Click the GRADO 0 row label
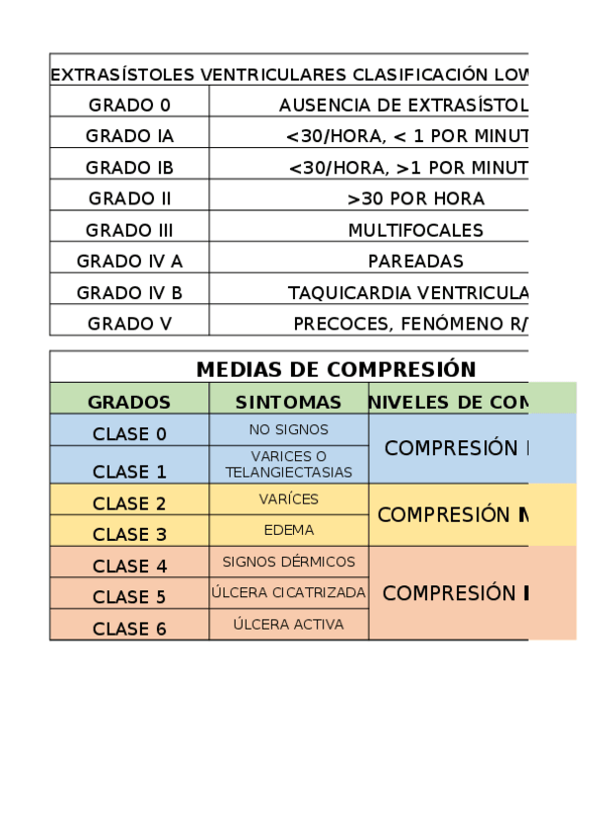129,105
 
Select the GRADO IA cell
129,136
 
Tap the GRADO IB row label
129,168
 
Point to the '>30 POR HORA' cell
415,198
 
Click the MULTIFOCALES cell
415,230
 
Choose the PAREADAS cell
415,262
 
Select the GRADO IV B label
129,293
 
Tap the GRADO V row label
129,324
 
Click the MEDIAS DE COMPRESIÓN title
335,369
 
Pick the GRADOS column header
129,402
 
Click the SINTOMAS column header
288,402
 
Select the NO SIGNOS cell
288,429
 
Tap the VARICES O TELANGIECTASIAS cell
288,464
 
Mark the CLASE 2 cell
129,503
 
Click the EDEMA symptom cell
288,530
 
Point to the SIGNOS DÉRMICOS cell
288,562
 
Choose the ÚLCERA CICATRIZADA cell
288,593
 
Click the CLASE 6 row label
129,629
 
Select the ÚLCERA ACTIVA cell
288,624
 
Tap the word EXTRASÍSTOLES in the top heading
122,75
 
